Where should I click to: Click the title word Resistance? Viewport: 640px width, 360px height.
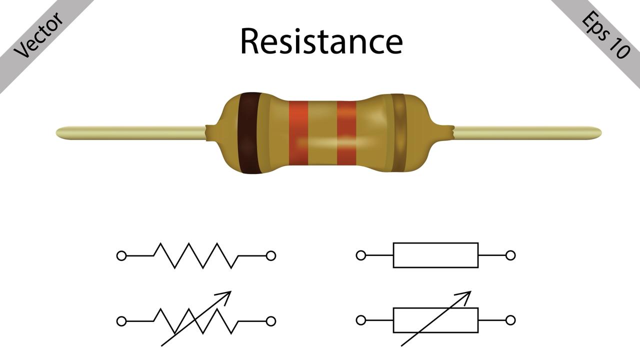[321, 41]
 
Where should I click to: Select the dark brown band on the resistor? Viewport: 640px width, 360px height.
[248, 133]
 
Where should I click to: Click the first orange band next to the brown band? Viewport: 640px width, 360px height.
[298, 133]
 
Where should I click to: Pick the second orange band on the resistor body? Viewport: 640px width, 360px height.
[346, 133]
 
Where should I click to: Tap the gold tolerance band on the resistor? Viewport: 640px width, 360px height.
[398, 133]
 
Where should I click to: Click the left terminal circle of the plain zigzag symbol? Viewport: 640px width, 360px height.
[121, 256]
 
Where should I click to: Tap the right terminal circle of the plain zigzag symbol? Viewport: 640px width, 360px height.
[271, 256]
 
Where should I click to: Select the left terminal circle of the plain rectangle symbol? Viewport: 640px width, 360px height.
[361, 255]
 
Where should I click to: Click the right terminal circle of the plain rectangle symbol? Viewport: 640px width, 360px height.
[510, 255]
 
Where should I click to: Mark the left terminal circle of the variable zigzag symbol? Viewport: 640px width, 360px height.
[121, 321]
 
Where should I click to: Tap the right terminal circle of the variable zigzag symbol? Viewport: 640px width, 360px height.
[271, 321]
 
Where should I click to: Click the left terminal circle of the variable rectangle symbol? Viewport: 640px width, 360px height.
[361, 320]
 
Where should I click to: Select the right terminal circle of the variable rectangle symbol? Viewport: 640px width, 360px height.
[510, 320]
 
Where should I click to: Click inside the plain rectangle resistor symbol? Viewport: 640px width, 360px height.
[435, 255]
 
